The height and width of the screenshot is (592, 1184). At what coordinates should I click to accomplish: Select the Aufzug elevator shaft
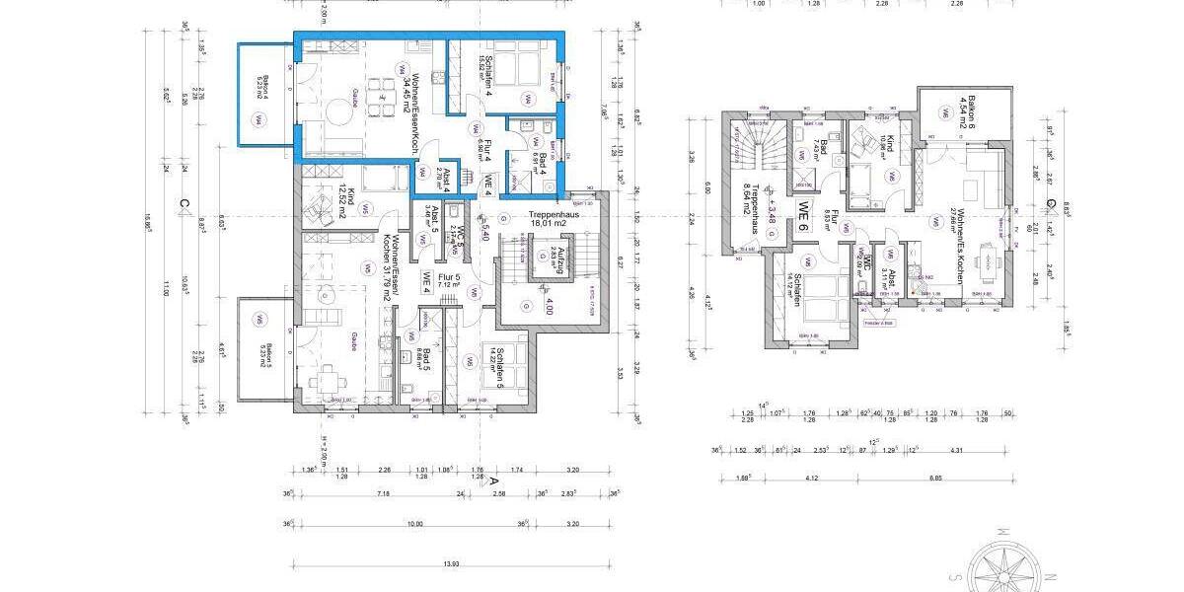tap(544, 260)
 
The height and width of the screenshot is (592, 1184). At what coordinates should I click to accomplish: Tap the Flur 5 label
tap(448, 286)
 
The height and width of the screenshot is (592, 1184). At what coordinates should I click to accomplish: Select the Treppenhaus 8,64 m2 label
tap(755, 207)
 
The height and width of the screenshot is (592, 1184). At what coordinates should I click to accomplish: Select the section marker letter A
tap(493, 479)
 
